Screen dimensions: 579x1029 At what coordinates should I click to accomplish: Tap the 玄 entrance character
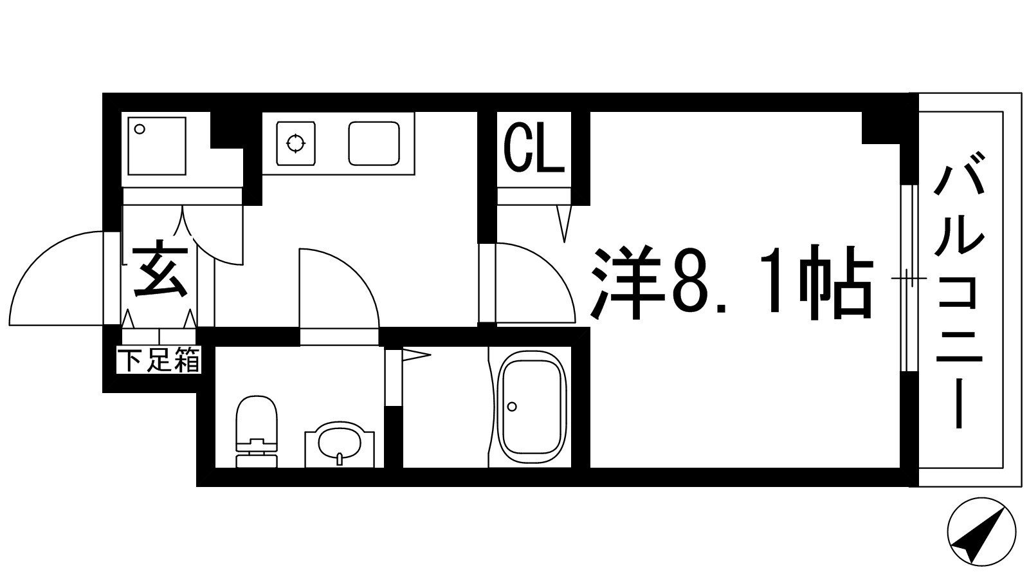coord(160,270)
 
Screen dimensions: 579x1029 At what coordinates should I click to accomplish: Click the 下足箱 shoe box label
coord(159,360)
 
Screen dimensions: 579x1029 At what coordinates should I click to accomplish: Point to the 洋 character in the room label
coord(627,283)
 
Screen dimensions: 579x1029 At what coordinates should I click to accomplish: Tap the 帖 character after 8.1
coord(836,283)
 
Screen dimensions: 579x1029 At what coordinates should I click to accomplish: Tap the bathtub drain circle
coord(512,407)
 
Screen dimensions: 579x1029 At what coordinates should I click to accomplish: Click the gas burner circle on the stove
coord(295,143)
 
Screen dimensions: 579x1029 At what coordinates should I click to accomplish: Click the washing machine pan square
coord(157,145)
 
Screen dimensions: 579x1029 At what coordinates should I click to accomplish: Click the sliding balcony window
coord(907,278)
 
